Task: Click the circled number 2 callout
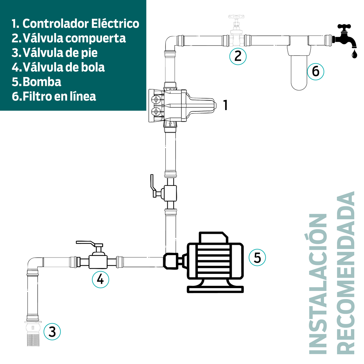click(238, 56)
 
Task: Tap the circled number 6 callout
click(315, 72)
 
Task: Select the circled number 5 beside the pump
click(257, 258)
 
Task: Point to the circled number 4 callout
click(100, 279)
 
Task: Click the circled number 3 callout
click(52, 332)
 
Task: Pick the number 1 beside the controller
click(225, 105)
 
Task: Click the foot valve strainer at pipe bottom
click(33, 340)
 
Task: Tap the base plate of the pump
click(215, 289)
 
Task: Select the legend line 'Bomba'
click(36, 82)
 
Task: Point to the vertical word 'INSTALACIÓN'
click(318, 284)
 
